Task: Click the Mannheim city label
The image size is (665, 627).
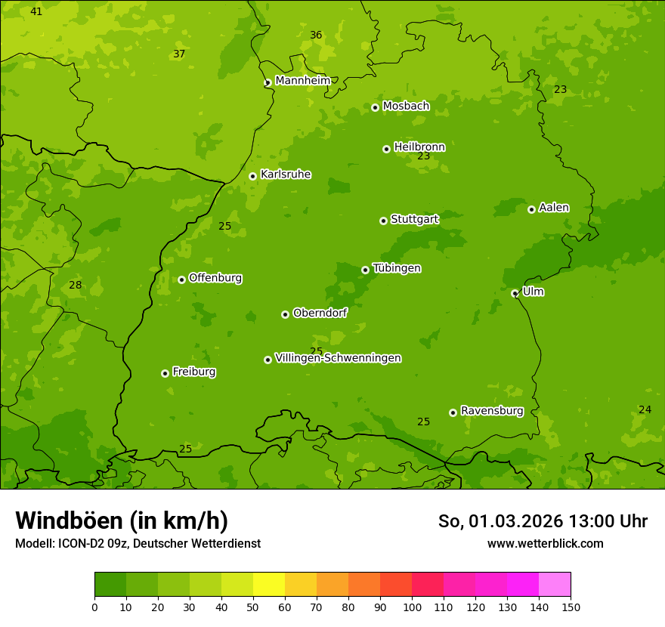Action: (x=302, y=81)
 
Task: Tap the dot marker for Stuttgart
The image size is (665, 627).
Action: (x=383, y=221)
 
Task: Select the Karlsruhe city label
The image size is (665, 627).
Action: (x=285, y=175)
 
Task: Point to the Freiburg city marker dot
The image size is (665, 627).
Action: (x=165, y=373)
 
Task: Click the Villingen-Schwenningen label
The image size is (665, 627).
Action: (x=338, y=358)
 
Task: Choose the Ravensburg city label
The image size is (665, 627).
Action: (x=491, y=411)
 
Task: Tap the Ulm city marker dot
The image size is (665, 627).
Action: (x=515, y=293)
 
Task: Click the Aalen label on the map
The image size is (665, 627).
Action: (x=553, y=208)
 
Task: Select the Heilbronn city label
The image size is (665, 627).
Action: (x=419, y=147)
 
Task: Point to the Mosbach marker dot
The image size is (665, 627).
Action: (x=375, y=107)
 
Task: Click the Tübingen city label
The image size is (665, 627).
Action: (x=397, y=268)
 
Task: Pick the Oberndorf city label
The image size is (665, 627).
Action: (x=320, y=313)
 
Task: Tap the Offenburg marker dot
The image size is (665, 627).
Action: (x=181, y=280)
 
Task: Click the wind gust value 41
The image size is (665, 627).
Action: (x=36, y=11)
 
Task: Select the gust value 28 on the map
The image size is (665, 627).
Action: (x=75, y=285)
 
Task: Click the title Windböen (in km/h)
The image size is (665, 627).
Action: (x=122, y=520)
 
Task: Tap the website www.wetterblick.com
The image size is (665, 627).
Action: (x=545, y=543)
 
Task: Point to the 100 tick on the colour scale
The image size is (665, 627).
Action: (x=412, y=607)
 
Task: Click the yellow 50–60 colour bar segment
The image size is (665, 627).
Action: (x=269, y=585)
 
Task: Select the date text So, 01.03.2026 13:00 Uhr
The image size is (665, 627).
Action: (x=543, y=521)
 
